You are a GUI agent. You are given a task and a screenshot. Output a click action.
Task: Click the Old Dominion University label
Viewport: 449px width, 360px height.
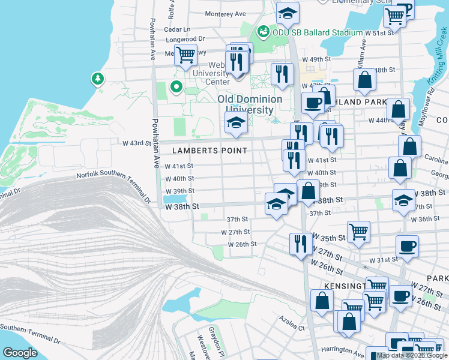(x=250, y=104)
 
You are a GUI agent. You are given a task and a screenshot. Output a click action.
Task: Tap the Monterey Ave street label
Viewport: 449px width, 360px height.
(x=225, y=14)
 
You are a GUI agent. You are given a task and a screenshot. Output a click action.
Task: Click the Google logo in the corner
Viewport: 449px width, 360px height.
(x=20, y=353)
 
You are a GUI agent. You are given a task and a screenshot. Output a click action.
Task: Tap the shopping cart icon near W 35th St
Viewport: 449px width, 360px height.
(x=358, y=231)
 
